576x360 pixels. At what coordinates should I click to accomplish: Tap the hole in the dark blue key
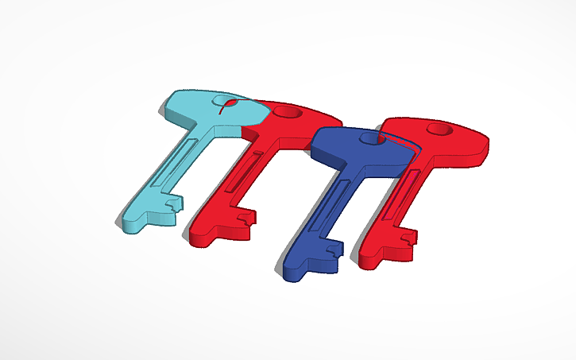(369, 138)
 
